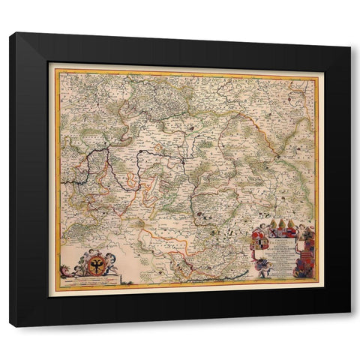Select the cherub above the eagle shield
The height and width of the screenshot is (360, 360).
point(91,253)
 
